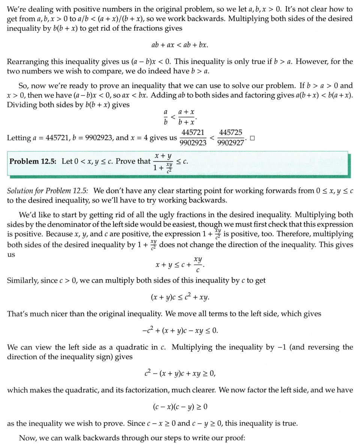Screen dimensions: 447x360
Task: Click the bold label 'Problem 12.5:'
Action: pos(34,161)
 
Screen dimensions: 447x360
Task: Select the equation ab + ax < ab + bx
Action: pos(180,45)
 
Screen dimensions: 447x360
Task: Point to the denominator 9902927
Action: pos(231,143)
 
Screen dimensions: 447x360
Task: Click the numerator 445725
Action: pos(231,133)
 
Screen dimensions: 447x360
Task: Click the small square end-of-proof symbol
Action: pos(252,138)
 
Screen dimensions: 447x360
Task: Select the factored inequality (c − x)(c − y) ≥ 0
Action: pos(180,406)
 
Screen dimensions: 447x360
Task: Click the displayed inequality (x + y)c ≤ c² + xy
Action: pos(180,298)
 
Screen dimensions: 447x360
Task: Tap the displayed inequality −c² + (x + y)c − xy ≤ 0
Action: pos(180,331)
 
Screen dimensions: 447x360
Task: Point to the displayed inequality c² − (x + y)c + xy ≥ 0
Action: pos(180,374)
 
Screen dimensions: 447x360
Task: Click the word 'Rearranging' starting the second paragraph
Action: pos(25,61)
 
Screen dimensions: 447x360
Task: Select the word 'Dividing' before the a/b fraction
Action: pos(20,105)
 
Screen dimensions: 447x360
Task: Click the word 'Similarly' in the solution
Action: pos(22,281)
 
